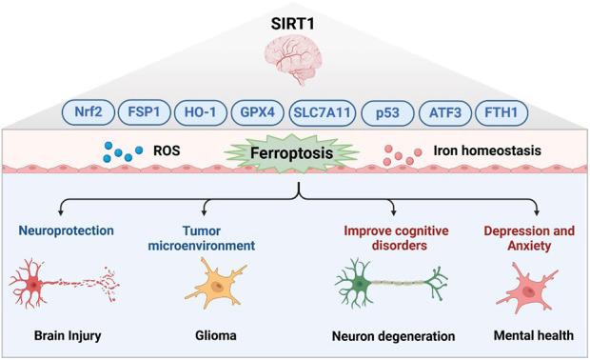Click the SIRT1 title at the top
pyautogui.click(x=293, y=13)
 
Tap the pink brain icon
pyautogui.click(x=294, y=60)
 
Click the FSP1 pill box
pyautogui.click(x=143, y=112)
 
